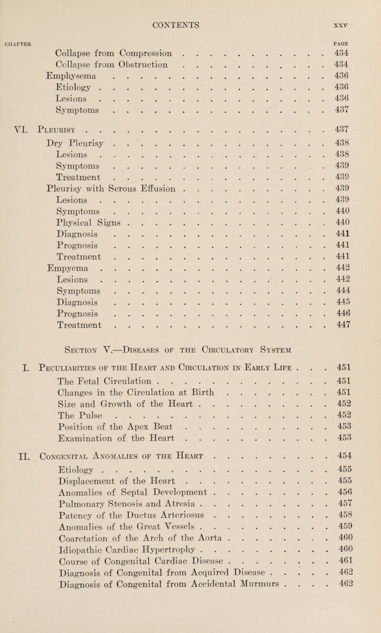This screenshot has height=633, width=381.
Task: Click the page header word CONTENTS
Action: tap(190, 9)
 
